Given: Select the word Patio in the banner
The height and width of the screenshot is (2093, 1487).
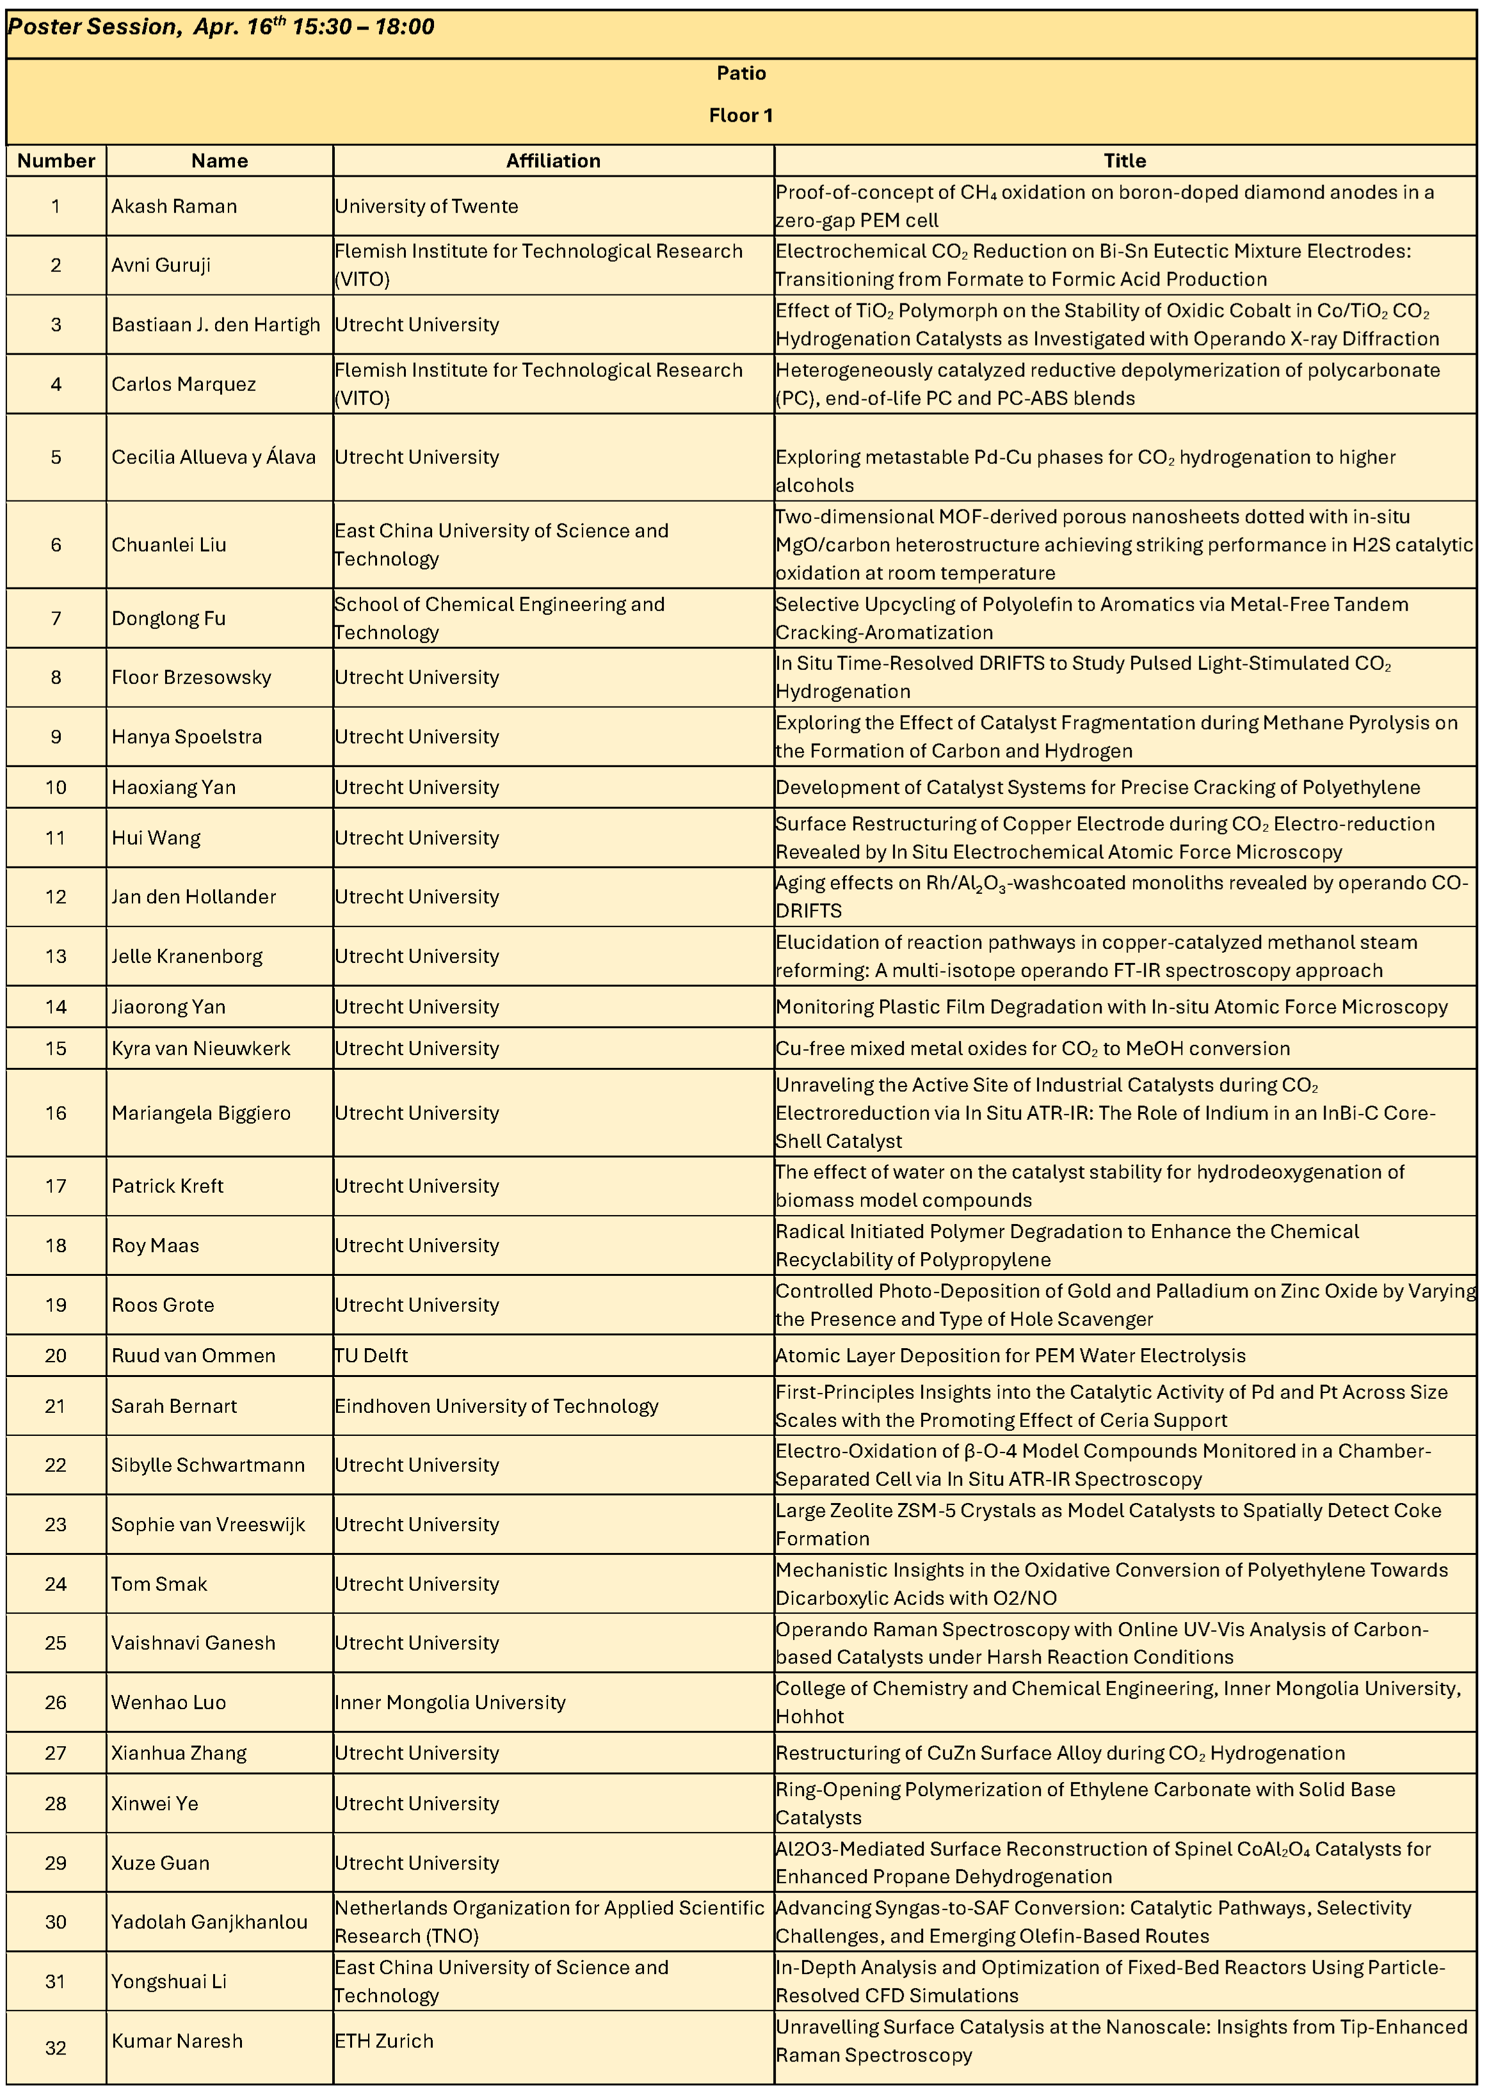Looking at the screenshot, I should pyautogui.click(x=741, y=73).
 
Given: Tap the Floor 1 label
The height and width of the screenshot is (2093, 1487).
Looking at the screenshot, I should pyautogui.click(x=741, y=115).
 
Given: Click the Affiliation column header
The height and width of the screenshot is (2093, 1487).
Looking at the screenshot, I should pyautogui.click(x=553, y=161).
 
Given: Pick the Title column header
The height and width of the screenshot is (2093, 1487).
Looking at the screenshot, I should pyautogui.click(x=1125, y=161).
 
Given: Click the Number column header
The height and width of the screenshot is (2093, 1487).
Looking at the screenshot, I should pyautogui.click(x=56, y=161).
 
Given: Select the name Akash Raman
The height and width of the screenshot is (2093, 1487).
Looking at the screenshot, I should pyautogui.click(x=174, y=207).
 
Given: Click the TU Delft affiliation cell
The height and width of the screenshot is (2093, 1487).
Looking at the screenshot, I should pyautogui.click(x=371, y=1355).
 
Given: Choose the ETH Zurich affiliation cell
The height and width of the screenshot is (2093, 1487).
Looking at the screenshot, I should pyautogui.click(x=383, y=2041).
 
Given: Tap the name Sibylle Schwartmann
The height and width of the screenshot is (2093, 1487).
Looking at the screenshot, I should pyautogui.click(x=208, y=1465).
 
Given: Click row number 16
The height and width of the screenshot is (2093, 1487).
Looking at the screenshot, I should pyautogui.click(x=56, y=1113).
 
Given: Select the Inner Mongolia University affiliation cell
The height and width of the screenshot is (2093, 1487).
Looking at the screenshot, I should pyautogui.click(x=449, y=1702).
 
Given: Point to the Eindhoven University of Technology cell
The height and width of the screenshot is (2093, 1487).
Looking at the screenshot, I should pyautogui.click(x=496, y=1406).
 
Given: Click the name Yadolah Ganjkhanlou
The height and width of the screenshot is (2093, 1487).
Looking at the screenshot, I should pyautogui.click(x=209, y=1922).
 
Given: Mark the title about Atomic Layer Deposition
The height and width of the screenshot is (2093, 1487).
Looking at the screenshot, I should pyautogui.click(x=1010, y=1355).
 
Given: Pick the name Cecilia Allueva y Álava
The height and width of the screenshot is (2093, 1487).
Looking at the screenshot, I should pyautogui.click(x=213, y=458).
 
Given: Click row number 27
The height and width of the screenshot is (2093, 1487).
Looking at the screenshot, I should pyautogui.click(x=56, y=1753).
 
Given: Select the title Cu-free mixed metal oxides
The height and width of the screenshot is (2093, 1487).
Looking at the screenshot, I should pyautogui.click(x=1032, y=1049).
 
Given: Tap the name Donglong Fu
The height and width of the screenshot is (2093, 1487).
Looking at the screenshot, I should pyautogui.click(x=168, y=619).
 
